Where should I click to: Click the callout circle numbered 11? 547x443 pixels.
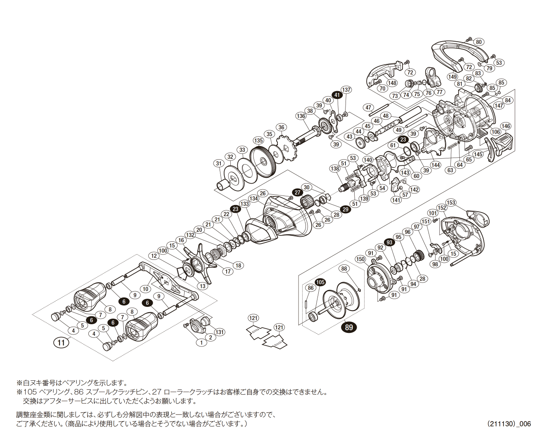(61, 342)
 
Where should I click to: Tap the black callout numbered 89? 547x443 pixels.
(349, 327)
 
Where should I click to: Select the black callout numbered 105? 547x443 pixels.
(320, 282)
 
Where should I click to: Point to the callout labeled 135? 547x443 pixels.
(258, 141)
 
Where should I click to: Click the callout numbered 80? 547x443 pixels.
(478, 42)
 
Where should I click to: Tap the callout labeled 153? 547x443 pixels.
(451, 203)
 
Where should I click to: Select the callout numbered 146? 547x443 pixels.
(506, 126)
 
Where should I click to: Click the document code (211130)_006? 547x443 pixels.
(509, 424)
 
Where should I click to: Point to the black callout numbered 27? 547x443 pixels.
(298, 193)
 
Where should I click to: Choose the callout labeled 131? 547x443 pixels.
(220, 332)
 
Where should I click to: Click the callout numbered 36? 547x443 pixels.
(282, 127)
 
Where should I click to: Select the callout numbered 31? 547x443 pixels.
(219, 164)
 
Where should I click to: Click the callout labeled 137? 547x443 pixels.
(346, 90)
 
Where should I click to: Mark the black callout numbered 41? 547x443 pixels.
(337, 95)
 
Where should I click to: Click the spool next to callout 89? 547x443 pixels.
(341, 300)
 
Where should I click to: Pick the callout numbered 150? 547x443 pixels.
(360, 259)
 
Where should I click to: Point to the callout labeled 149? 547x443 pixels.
(452, 77)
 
